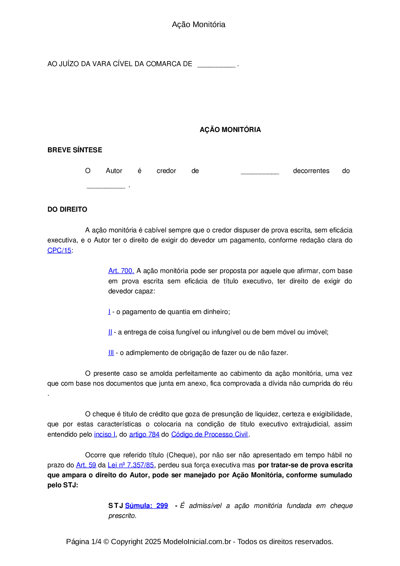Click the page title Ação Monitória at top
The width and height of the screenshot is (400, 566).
(198, 25)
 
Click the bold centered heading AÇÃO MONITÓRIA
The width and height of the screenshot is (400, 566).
(230, 130)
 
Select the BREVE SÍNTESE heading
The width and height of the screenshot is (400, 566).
(75, 150)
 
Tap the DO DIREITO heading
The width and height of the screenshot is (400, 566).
(67, 209)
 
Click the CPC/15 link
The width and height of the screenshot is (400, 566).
(59, 250)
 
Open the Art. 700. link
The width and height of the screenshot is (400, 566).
(121, 271)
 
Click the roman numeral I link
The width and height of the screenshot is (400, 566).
(109, 312)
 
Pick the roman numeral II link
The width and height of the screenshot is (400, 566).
(110, 332)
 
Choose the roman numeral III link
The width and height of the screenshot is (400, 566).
(111, 353)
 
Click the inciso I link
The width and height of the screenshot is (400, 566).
(105, 434)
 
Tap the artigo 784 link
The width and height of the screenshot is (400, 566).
(144, 434)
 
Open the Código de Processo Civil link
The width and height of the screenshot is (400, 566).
(209, 434)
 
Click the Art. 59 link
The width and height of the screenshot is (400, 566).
(86, 465)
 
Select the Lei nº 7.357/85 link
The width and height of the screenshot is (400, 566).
(131, 465)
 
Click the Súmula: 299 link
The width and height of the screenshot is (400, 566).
(146, 506)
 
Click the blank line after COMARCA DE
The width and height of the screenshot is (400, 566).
(216, 66)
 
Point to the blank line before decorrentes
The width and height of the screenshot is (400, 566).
(260, 172)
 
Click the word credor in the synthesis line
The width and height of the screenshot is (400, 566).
(166, 171)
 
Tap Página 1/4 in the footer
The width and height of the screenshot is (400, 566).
(84, 541)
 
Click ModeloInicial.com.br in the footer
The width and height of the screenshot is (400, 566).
(197, 541)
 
